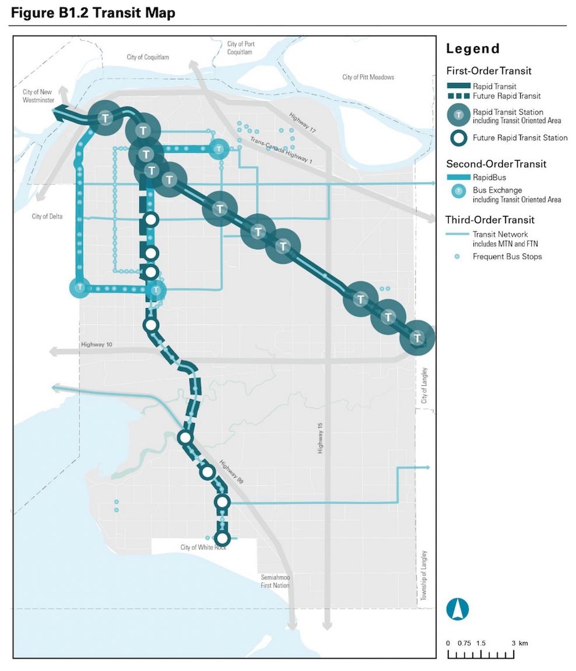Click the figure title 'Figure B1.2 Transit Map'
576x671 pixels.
93,13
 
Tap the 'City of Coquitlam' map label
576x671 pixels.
147,57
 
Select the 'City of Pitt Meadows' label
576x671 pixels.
368,77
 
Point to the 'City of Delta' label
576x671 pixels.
47,217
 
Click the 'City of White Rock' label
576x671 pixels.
203,547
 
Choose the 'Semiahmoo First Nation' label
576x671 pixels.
275,581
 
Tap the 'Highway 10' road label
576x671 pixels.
97,345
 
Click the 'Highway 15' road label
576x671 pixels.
319,438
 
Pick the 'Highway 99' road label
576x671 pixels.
231,473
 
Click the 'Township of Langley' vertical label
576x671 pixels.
424,575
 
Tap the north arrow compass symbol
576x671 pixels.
458,609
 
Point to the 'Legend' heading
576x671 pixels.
473,48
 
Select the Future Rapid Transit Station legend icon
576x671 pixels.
459,138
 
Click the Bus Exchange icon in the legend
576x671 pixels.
459,191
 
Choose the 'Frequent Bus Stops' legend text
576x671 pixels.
507,257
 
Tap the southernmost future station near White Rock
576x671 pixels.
222,537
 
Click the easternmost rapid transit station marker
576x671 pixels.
417,338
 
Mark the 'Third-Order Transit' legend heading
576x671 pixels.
490,220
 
